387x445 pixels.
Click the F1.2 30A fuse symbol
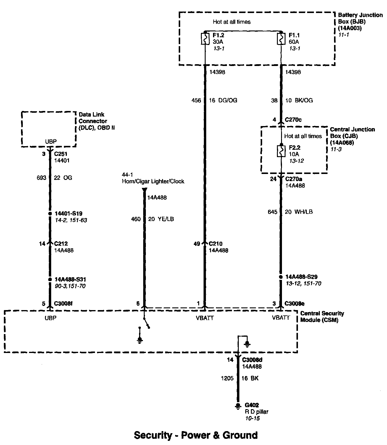[x=205, y=39]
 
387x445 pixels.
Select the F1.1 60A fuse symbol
[x=280, y=39]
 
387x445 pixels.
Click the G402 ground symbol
[x=237, y=406]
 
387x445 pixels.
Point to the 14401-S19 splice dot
[x=50, y=213]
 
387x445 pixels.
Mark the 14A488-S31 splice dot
[x=50, y=279]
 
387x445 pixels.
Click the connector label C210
[x=215, y=244]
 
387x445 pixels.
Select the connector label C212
[x=61, y=244]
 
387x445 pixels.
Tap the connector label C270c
[x=293, y=120]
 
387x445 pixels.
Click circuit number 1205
[x=227, y=378]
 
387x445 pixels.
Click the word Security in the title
[x=153, y=435]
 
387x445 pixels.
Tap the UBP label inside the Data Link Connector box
[x=51, y=142]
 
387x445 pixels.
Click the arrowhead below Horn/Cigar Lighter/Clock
[x=144, y=190]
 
